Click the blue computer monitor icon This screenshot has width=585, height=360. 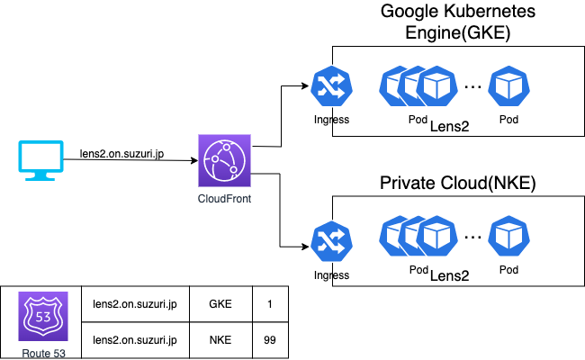pyautogui.click(x=38, y=160)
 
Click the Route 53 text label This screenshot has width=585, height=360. pyautogui.click(x=40, y=352)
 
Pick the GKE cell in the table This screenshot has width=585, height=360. pyautogui.click(x=220, y=303)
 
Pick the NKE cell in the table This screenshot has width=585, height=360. pyautogui.click(x=220, y=340)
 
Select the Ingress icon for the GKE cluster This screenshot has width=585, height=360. pyautogui.click(x=326, y=86)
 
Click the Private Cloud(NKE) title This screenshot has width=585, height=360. pyautogui.click(x=459, y=184)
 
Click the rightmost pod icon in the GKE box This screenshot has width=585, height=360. pyautogui.click(x=509, y=86)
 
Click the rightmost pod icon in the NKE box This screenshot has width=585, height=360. pyautogui.click(x=509, y=238)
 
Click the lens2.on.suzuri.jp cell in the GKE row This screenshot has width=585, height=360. pyautogui.click(x=135, y=303)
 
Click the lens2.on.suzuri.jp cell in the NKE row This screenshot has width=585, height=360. pyautogui.click(x=135, y=340)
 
